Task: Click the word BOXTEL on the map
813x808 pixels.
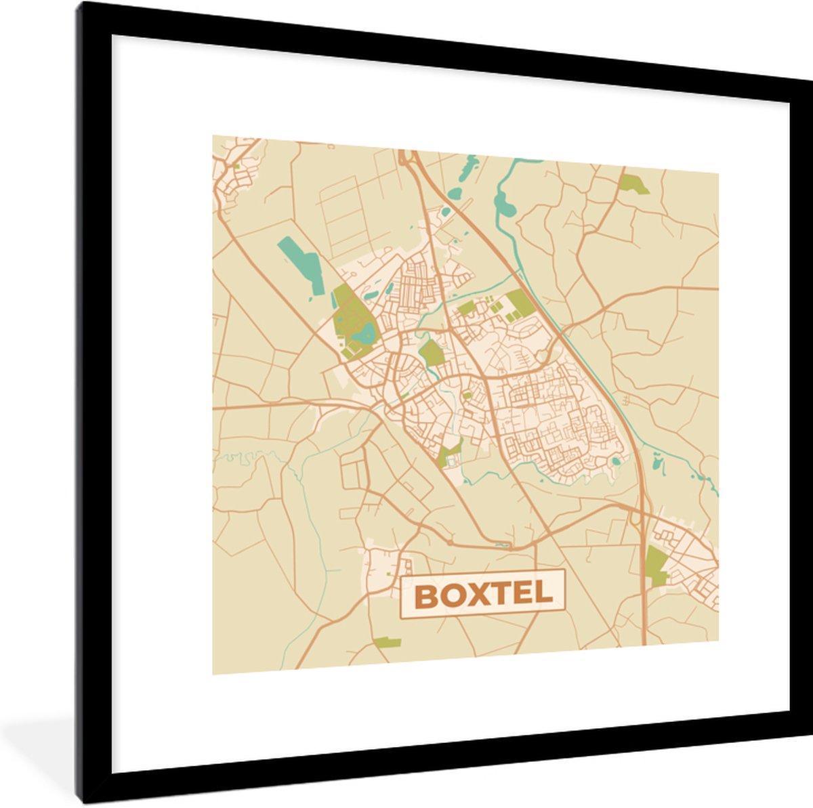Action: [482, 595]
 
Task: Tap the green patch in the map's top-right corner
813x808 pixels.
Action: [634, 184]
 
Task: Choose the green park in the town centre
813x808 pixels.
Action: [431, 352]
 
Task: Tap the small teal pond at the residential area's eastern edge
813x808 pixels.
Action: [615, 461]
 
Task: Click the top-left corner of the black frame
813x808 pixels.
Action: [81, 5]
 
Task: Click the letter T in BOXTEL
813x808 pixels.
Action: [501, 595]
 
